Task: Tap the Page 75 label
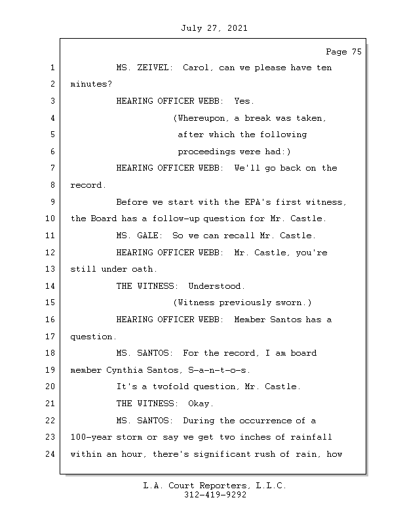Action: click(x=343, y=52)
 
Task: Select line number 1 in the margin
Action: click(x=51, y=68)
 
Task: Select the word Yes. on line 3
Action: click(x=244, y=101)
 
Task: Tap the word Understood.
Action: click(x=216, y=286)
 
